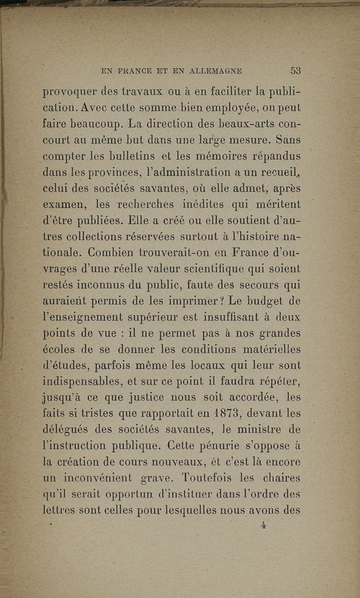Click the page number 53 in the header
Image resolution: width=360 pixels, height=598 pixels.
point(296,71)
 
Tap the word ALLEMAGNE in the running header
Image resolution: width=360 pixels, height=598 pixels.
point(216,71)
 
